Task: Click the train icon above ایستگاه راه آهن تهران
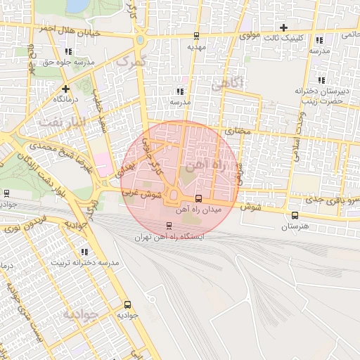(x=168, y=226)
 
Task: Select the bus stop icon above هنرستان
(x=294, y=216)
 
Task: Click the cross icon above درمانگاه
(x=65, y=89)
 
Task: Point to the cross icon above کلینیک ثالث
(x=283, y=27)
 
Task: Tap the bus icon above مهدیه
(x=196, y=36)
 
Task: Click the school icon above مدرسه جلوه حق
(x=68, y=51)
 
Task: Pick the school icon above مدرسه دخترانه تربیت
(x=85, y=252)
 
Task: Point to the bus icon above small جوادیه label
(x=127, y=304)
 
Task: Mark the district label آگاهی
(x=226, y=84)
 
